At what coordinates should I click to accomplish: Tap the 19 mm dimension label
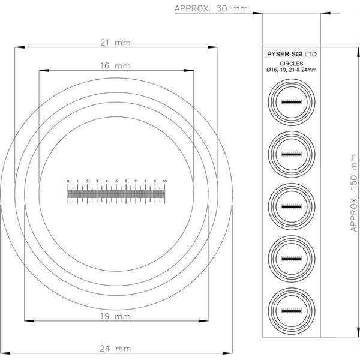115,315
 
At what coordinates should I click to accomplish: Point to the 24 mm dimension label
115,347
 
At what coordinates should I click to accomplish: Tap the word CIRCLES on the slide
291,63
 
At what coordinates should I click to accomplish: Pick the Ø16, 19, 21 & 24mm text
291,71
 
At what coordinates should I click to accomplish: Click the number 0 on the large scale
68,181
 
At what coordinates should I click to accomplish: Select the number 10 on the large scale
164,181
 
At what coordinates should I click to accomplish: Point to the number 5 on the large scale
116,181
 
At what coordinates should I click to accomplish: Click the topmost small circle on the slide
291,102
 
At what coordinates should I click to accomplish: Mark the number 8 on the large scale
145,181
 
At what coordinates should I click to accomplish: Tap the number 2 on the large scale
87,181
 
